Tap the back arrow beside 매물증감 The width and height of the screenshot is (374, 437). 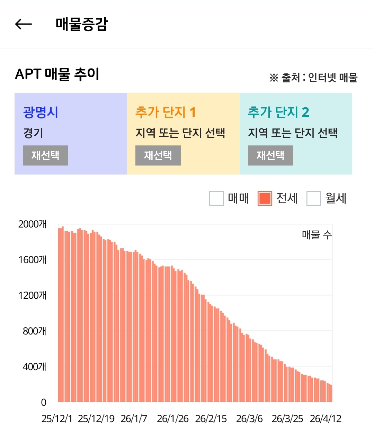[24, 24]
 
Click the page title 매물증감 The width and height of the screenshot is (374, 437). [82, 24]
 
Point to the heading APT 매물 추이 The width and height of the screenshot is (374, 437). [57, 74]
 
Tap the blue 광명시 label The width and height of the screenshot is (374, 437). [41, 112]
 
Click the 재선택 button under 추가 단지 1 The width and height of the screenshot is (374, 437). [158, 155]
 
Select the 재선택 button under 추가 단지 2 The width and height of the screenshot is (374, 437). [270, 155]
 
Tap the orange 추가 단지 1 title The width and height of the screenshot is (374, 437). [166, 112]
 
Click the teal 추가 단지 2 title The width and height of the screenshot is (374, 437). [278, 112]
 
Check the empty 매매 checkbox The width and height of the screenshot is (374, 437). [216, 198]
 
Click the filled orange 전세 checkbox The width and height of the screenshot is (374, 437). [265, 198]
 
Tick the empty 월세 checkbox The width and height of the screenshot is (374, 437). [314, 198]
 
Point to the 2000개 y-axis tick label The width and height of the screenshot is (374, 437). [32, 224]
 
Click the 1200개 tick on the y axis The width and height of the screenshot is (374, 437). [32, 295]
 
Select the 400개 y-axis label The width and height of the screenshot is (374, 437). [35, 367]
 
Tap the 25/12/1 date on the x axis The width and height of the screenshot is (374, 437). [57, 419]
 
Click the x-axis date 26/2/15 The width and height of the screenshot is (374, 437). [211, 419]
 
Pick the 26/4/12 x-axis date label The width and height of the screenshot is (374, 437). [326, 419]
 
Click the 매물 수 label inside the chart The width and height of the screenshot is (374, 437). [317, 235]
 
